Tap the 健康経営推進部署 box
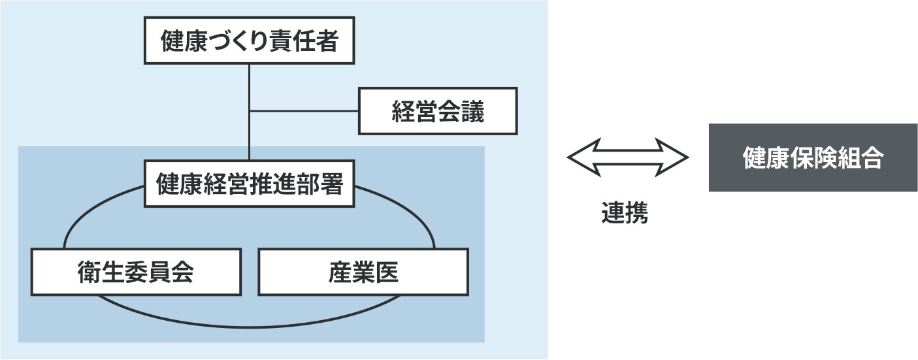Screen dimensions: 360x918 coord(250,185)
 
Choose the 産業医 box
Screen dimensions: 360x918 coord(363,271)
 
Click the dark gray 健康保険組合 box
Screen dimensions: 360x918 coord(812,157)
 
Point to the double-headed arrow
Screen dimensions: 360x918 coord(628,157)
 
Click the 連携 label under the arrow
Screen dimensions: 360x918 coord(625,214)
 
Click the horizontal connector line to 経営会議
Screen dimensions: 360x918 coord(304,111)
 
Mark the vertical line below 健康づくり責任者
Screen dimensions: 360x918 coord(250,85)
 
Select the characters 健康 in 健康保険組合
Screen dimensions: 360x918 coord(765,158)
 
